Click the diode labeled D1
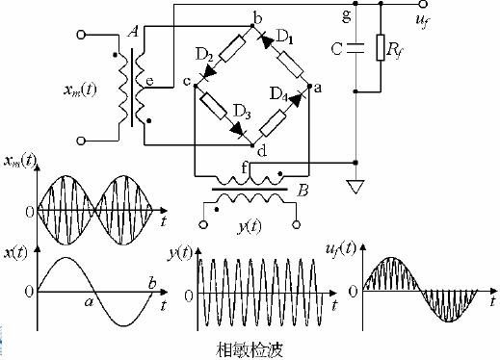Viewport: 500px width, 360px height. click(267, 41)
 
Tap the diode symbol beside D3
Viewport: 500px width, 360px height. click(238, 130)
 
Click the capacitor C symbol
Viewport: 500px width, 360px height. click(355, 48)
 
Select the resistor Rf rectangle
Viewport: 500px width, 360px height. click(381, 47)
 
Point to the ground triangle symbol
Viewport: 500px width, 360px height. click(355, 187)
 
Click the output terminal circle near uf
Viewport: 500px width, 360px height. click(423, 4)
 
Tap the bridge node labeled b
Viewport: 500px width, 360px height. click(252, 26)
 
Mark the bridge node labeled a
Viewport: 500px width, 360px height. click(309, 86)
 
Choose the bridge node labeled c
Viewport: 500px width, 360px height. click(195, 86)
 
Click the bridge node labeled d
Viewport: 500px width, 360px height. click(252, 145)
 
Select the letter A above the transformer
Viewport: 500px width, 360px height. click(133, 32)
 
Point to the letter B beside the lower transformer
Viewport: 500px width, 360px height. click(303, 191)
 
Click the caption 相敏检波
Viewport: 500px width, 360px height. click(250, 350)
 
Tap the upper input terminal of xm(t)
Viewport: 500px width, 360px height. click(81, 35)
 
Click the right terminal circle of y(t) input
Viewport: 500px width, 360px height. click(297, 224)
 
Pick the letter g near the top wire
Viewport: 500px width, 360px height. click(347, 16)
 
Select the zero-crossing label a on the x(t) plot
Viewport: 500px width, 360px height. click(89, 302)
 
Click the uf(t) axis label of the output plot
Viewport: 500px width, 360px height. click(341, 249)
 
